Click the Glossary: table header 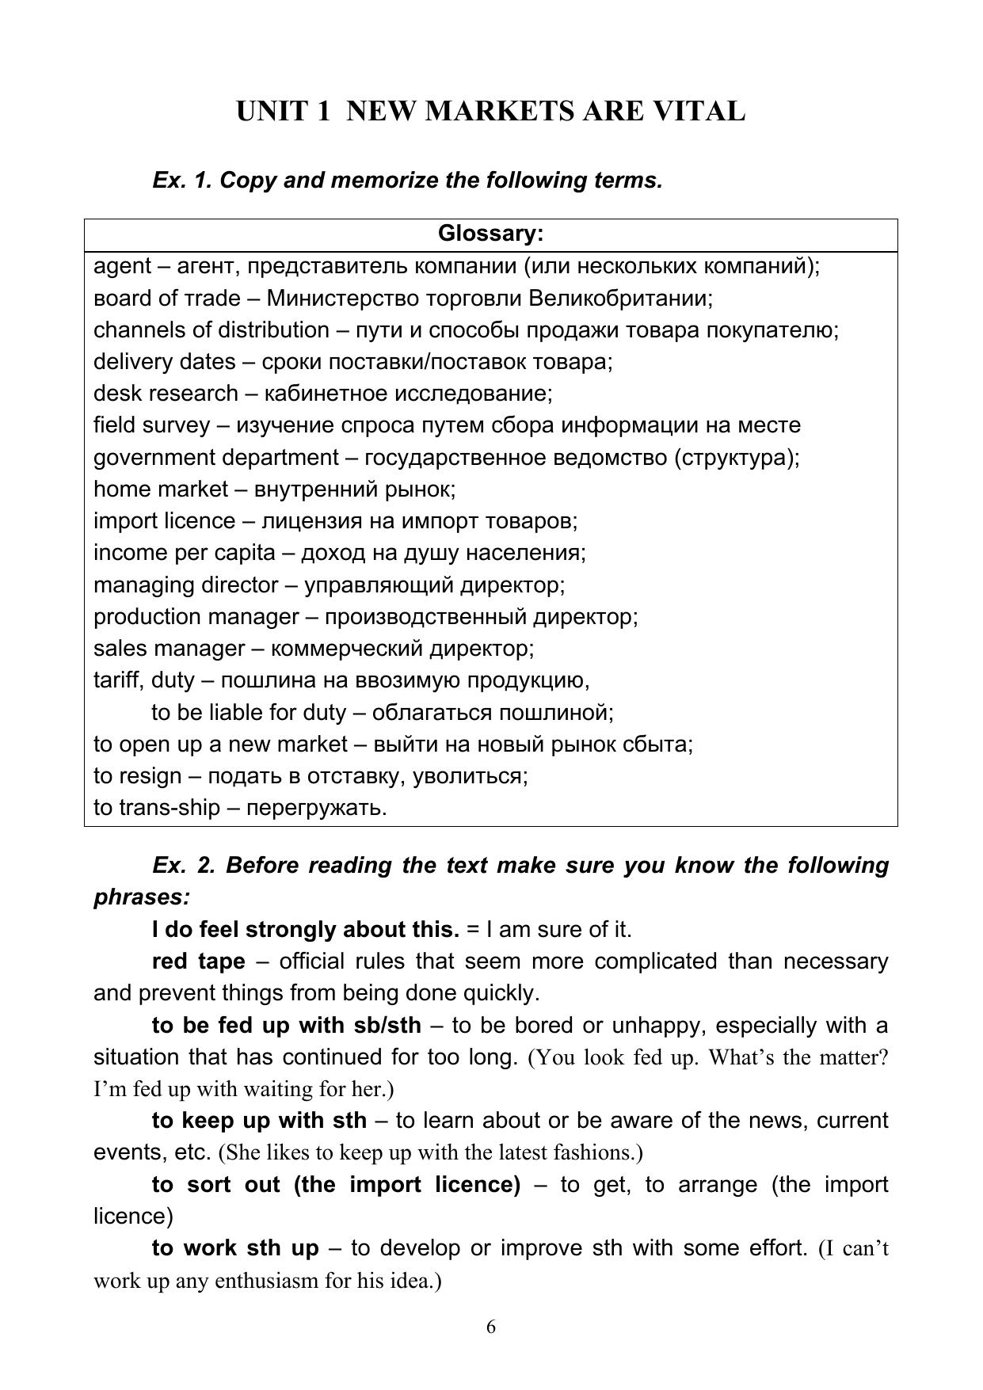490,234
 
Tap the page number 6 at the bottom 491,1327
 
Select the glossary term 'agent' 122,267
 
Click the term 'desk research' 166,394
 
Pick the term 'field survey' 151,425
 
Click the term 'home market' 160,489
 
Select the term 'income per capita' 185,553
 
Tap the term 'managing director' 185,585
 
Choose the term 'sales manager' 169,649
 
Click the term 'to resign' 137,776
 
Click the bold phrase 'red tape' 198,962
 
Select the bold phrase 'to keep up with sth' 259,1121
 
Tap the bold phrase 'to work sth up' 234,1248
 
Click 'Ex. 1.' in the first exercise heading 182,181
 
